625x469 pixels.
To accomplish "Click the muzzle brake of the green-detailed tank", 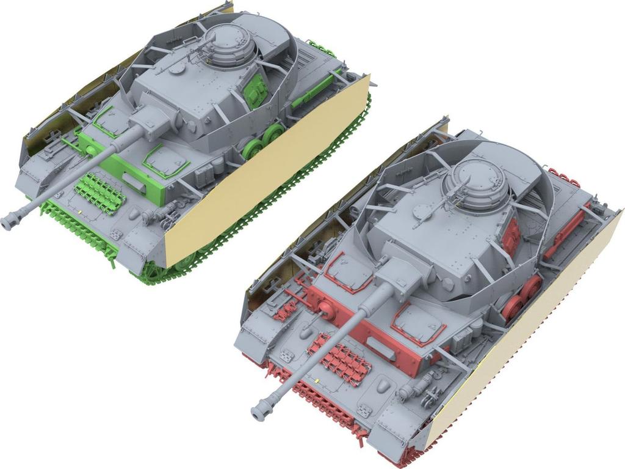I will tap(13, 220).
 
